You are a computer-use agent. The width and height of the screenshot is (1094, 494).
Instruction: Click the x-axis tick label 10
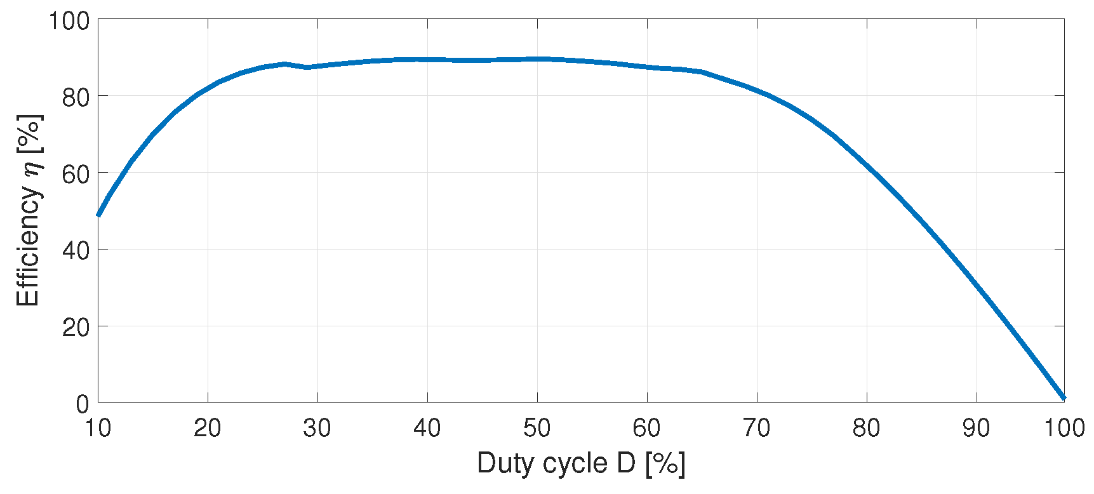point(98,429)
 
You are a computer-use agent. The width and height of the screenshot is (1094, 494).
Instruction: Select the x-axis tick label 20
point(208,429)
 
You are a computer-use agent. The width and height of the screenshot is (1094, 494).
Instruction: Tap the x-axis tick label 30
point(317,429)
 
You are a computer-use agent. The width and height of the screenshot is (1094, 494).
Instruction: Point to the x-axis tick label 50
point(537,429)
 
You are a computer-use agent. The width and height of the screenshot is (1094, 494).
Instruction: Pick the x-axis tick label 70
point(757,429)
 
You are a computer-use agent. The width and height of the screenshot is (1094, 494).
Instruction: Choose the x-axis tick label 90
point(977,429)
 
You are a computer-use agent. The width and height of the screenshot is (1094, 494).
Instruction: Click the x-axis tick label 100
point(1064,429)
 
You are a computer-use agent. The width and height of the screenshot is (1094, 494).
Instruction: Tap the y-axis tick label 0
point(83,404)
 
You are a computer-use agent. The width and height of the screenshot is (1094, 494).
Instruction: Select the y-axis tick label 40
point(76,250)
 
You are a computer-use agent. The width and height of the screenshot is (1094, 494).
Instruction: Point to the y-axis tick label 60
point(76,173)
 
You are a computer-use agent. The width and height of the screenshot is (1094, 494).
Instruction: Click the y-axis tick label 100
point(70,20)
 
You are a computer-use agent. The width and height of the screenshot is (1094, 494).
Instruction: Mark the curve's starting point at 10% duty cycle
point(98,215)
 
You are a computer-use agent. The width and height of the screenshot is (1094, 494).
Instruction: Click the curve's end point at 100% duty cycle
point(1064,398)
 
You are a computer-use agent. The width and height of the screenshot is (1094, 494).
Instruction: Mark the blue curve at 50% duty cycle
point(537,59)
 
